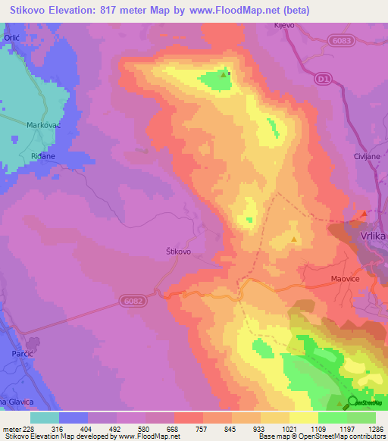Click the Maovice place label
pyautogui.click(x=347, y=279)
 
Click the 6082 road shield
pyautogui.click(x=131, y=302)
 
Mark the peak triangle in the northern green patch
pyautogui.click(x=223, y=75)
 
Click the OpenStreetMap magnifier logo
pyautogui.click(x=352, y=402)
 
